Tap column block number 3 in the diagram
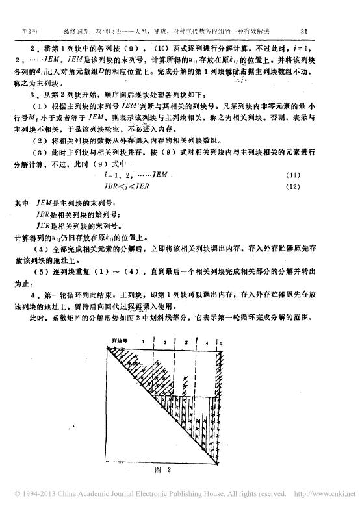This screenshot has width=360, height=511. point(186,340)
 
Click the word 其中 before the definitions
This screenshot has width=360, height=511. point(21,202)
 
